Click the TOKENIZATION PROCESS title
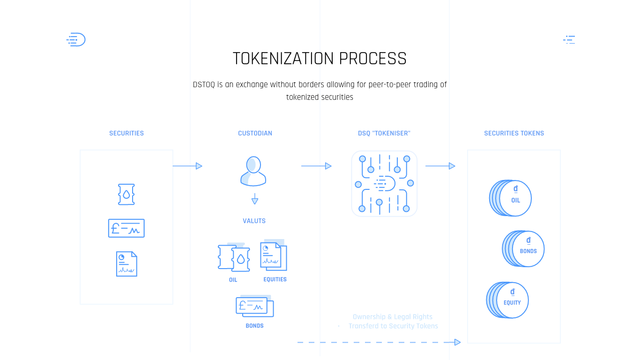coord(320,59)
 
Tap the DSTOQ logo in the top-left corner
coord(76,40)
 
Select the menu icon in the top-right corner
coord(569,40)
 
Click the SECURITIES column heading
coord(127,133)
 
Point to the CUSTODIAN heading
coord(255,133)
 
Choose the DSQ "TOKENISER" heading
coord(384,133)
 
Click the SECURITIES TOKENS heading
coord(514,133)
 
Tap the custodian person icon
coord(253,171)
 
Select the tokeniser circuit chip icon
coord(384,183)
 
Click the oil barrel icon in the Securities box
coord(127,194)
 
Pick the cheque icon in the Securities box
coord(127,228)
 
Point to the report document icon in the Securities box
coord(127,264)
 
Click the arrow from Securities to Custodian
coord(187,166)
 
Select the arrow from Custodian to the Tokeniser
coord(316,166)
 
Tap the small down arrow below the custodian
coord(255,199)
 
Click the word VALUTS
coord(254,221)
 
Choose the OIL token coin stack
coord(511,198)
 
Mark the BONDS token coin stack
coord(523,249)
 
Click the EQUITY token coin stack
coord(507,300)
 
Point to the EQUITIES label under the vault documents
coord(275,279)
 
